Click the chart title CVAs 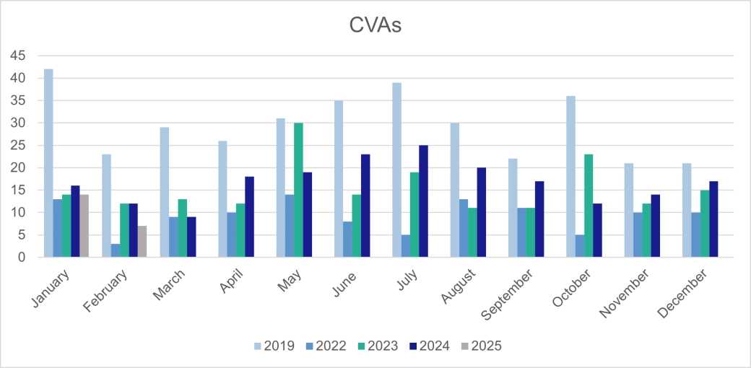[x=375, y=25]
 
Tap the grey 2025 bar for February [x=142, y=242]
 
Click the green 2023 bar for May [x=298, y=190]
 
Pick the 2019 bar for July [x=396, y=170]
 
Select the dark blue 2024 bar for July [x=423, y=201]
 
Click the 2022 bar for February [x=116, y=250]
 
